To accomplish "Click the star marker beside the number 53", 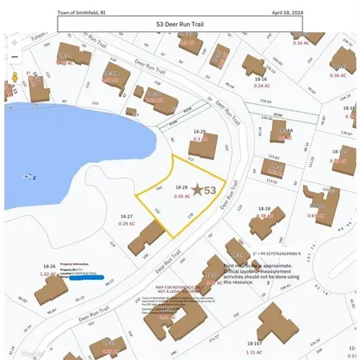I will tap(197, 190).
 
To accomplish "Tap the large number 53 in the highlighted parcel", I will tap(210, 190).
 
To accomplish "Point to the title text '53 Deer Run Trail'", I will tap(179, 25).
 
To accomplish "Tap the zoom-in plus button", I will tap(14, 42).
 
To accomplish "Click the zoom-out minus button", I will tap(14, 58).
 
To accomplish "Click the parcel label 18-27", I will tap(126, 216).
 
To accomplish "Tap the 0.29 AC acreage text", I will tap(126, 224).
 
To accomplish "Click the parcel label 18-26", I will tap(49, 266).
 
